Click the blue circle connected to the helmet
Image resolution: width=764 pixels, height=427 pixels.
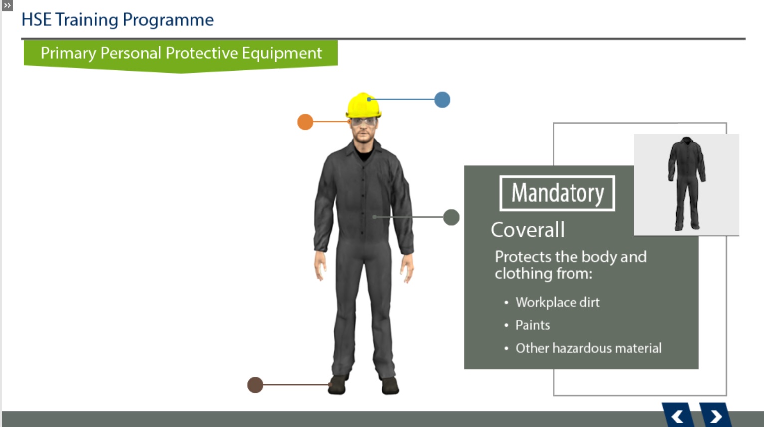coord(442,100)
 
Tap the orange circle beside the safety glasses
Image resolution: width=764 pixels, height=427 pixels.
coord(305,122)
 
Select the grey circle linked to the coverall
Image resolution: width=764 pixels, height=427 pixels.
coord(451,217)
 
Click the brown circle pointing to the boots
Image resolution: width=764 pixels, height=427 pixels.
coord(255,385)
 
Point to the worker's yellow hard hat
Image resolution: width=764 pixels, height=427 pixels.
coord(363,105)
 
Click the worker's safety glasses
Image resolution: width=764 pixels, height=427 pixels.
coord(364,121)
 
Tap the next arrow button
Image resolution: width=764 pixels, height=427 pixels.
coord(716,415)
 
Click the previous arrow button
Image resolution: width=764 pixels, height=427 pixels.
coord(678,415)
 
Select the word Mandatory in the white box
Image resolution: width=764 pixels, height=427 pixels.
coord(558,193)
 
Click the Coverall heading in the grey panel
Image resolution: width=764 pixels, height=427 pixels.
coord(527,230)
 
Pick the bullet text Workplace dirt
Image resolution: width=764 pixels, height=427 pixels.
coord(558,302)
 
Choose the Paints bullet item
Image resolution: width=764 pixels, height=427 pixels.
coord(533,325)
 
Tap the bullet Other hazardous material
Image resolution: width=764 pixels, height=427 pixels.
coord(588,348)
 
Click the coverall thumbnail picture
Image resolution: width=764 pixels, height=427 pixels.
coord(686,184)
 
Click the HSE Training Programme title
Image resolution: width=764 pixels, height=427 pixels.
coord(118,20)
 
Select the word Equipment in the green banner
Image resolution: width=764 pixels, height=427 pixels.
coord(282,53)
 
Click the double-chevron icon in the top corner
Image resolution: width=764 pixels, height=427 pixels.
coord(7,5)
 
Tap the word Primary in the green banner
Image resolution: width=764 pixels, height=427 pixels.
coord(68,53)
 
